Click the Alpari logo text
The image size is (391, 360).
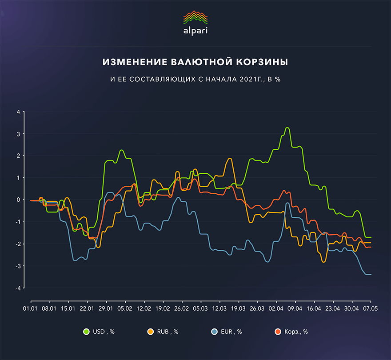click(195, 31)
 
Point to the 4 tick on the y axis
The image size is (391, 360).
click(18, 112)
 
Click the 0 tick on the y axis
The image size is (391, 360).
click(18, 200)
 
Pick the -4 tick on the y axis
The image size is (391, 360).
click(17, 288)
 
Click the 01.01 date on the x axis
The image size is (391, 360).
click(30, 308)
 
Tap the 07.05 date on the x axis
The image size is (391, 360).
click(370, 308)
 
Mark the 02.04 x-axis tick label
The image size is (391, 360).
click(276, 308)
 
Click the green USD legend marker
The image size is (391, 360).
click(87, 332)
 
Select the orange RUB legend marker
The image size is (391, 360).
click(151, 332)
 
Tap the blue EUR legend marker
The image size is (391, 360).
click(214, 332)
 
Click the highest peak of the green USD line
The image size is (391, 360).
click(287, 128)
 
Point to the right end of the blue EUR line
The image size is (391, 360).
click(371, 274)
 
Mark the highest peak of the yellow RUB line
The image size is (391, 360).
click(230, 158)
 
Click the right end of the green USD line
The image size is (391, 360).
click(371, 237)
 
